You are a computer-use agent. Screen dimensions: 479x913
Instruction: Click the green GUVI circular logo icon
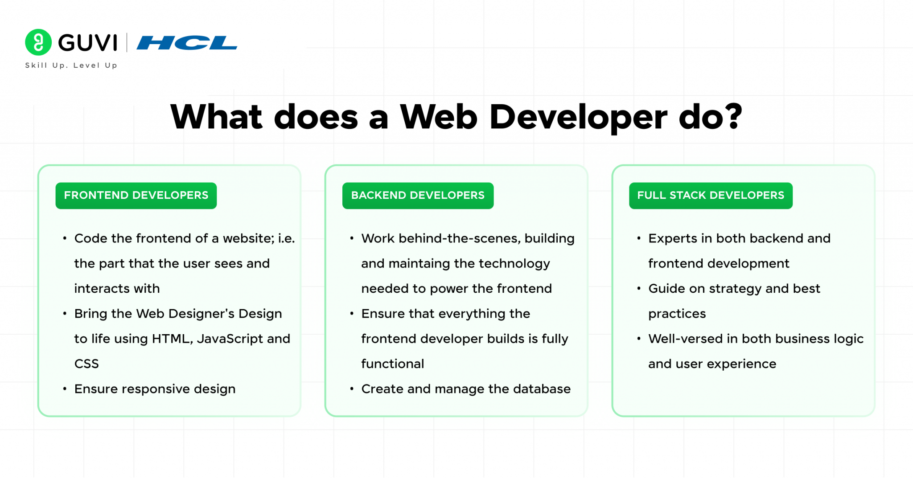point(38,42)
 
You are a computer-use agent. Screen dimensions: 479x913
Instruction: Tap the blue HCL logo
point(187,43)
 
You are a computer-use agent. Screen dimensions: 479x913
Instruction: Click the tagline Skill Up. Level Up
point(71,66)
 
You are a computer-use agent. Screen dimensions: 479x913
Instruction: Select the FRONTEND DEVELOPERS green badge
point(136,195)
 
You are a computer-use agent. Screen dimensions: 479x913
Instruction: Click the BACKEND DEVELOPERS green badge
point(418,195)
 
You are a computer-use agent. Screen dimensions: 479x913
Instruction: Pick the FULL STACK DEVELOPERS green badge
point(710,195)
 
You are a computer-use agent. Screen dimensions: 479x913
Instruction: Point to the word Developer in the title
point(578,118)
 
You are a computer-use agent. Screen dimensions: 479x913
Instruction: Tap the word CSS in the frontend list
point(86,364)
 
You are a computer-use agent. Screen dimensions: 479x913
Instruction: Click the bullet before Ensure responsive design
point(65,389)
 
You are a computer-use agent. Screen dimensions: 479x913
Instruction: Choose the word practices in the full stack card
point(677,314)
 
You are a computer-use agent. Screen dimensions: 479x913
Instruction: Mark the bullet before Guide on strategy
point(639,289)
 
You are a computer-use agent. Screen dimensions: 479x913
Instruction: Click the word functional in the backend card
point(392,364)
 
